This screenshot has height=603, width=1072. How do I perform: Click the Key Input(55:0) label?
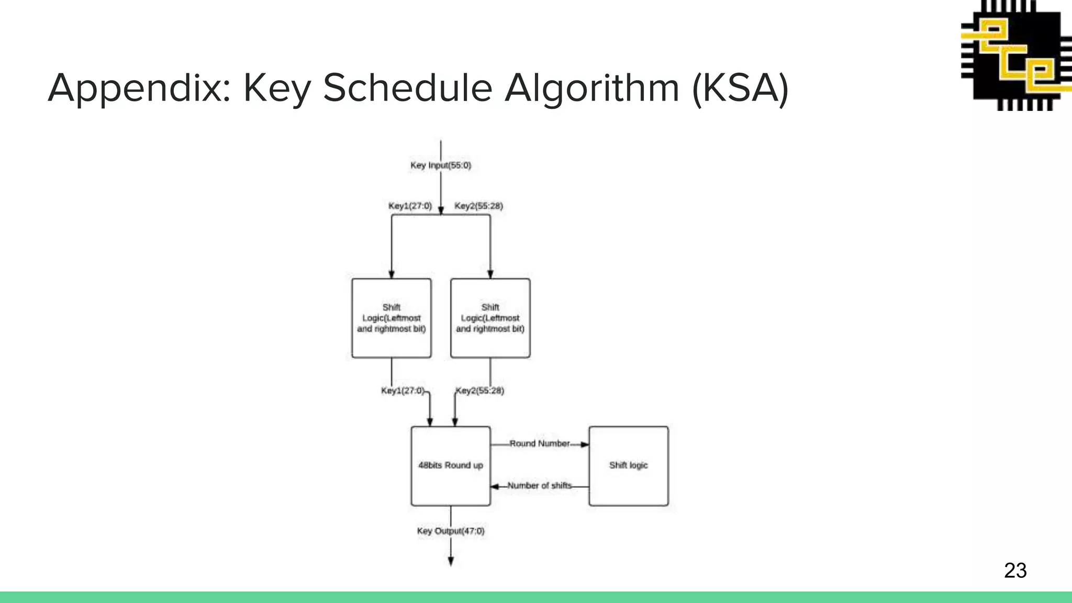tap(440, 165)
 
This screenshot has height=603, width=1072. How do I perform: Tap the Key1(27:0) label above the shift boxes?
tap(410, 206)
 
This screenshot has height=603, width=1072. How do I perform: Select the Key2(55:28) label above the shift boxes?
tap(478, 206)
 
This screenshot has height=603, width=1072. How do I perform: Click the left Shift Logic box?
tap(392, 318)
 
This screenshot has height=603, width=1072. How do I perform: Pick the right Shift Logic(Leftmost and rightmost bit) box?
tap(490, 318)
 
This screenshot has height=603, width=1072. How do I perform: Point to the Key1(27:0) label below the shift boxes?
tap(403, 391)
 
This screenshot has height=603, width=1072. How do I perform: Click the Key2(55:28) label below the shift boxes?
tap(479, 391)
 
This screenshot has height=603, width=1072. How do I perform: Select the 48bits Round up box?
tap(451, 466)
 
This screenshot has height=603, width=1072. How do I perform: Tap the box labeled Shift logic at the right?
tap(628, 466)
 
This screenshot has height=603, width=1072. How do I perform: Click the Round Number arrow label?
tap(539, 444)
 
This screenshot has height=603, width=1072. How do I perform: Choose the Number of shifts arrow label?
tap(539, 486)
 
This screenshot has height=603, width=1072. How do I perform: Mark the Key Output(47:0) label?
tap(451, 531)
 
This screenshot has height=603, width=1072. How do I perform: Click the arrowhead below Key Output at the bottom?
tap(451, 562)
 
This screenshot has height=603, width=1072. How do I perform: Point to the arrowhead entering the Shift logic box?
tap(585, 445)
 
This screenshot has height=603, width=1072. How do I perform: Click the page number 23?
tap(1015, 571)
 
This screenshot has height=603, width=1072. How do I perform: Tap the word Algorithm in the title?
tap(592, 88)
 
